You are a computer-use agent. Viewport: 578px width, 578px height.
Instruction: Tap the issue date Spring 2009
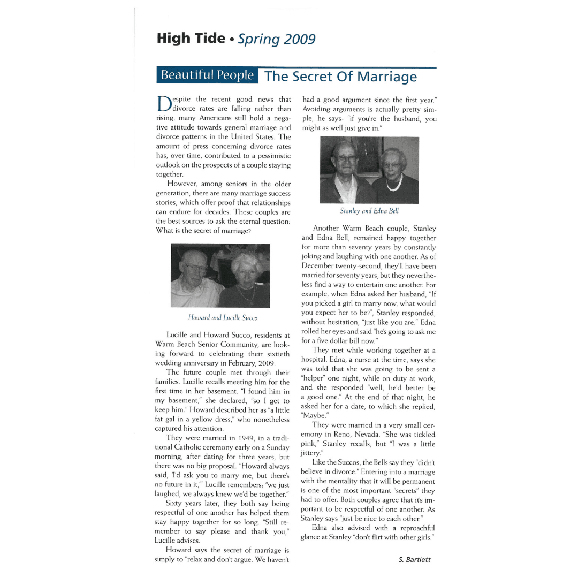pyautogui.click(x=277, y=40)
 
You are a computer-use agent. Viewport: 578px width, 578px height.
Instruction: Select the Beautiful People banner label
pyautogui.click(x=207, y=75)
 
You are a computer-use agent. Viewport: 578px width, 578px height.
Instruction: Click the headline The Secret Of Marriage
pyautogui.click(x=340, y=77)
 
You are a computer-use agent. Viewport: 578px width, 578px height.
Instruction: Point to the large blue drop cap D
pyautogui.click(x=163, y=104)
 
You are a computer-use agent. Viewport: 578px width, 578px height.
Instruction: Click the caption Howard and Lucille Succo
pyautogui.click(x=223, y=318)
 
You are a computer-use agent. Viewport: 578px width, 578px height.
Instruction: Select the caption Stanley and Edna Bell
pyautogui.click(x=369, y=211)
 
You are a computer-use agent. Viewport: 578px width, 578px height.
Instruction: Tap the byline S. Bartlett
pyautogui.click(x=414, y=560)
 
